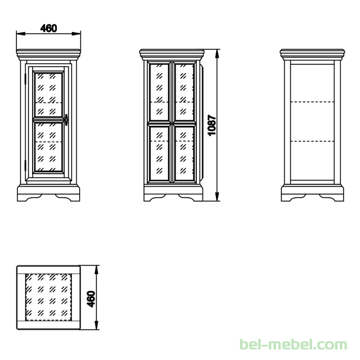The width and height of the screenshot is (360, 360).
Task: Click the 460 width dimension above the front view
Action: tap(48, 28)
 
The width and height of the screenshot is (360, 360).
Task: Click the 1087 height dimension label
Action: tap(212, 125)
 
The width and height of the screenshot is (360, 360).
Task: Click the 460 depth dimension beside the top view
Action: tap(91, 299)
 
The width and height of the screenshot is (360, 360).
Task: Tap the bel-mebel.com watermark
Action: tap(293, 345)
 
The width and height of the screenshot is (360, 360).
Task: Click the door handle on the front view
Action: tap(66, 120)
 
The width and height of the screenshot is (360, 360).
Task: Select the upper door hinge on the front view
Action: tap(25, 79)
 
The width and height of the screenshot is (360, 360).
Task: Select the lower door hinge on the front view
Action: tap(25, 165)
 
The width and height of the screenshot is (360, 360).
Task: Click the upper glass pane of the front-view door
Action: tap(48, 95)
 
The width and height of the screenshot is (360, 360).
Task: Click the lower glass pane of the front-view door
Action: tap(48, 147)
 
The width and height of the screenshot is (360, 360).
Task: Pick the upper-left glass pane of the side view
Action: tap(159, 92)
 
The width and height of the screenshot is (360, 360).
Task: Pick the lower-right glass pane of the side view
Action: tap(184, 153)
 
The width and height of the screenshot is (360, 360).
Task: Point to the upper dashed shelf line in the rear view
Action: tap(312, 102)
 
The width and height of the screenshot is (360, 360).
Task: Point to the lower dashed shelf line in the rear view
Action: tap(312, 141)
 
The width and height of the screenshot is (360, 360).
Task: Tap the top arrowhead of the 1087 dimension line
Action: tap(217, 53)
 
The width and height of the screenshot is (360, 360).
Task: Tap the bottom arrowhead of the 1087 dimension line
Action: tap(217, 197)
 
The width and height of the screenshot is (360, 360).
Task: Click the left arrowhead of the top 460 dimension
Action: tap(21, 34)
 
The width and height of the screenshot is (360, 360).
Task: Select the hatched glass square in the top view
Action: tap(48, 297)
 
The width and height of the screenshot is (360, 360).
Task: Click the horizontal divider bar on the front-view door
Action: tap(48, 120)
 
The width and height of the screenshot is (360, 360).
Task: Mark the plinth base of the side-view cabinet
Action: tap(173, 193)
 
